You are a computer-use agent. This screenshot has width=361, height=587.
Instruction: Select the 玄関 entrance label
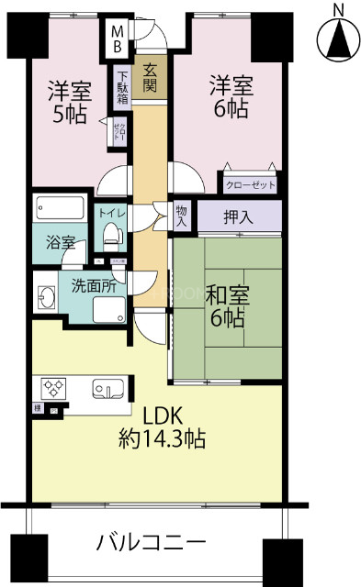tap(148, 80)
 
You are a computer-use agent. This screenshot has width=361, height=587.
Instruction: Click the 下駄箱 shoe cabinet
tap(121, 89)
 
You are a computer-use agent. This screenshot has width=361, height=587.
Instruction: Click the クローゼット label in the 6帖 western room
tap(251, 184)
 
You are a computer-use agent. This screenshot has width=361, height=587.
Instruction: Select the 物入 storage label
tap(182, 216)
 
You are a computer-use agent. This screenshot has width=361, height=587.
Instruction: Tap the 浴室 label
tap(61, 245)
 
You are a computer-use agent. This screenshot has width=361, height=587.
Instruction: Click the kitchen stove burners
tap(52, 385)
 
